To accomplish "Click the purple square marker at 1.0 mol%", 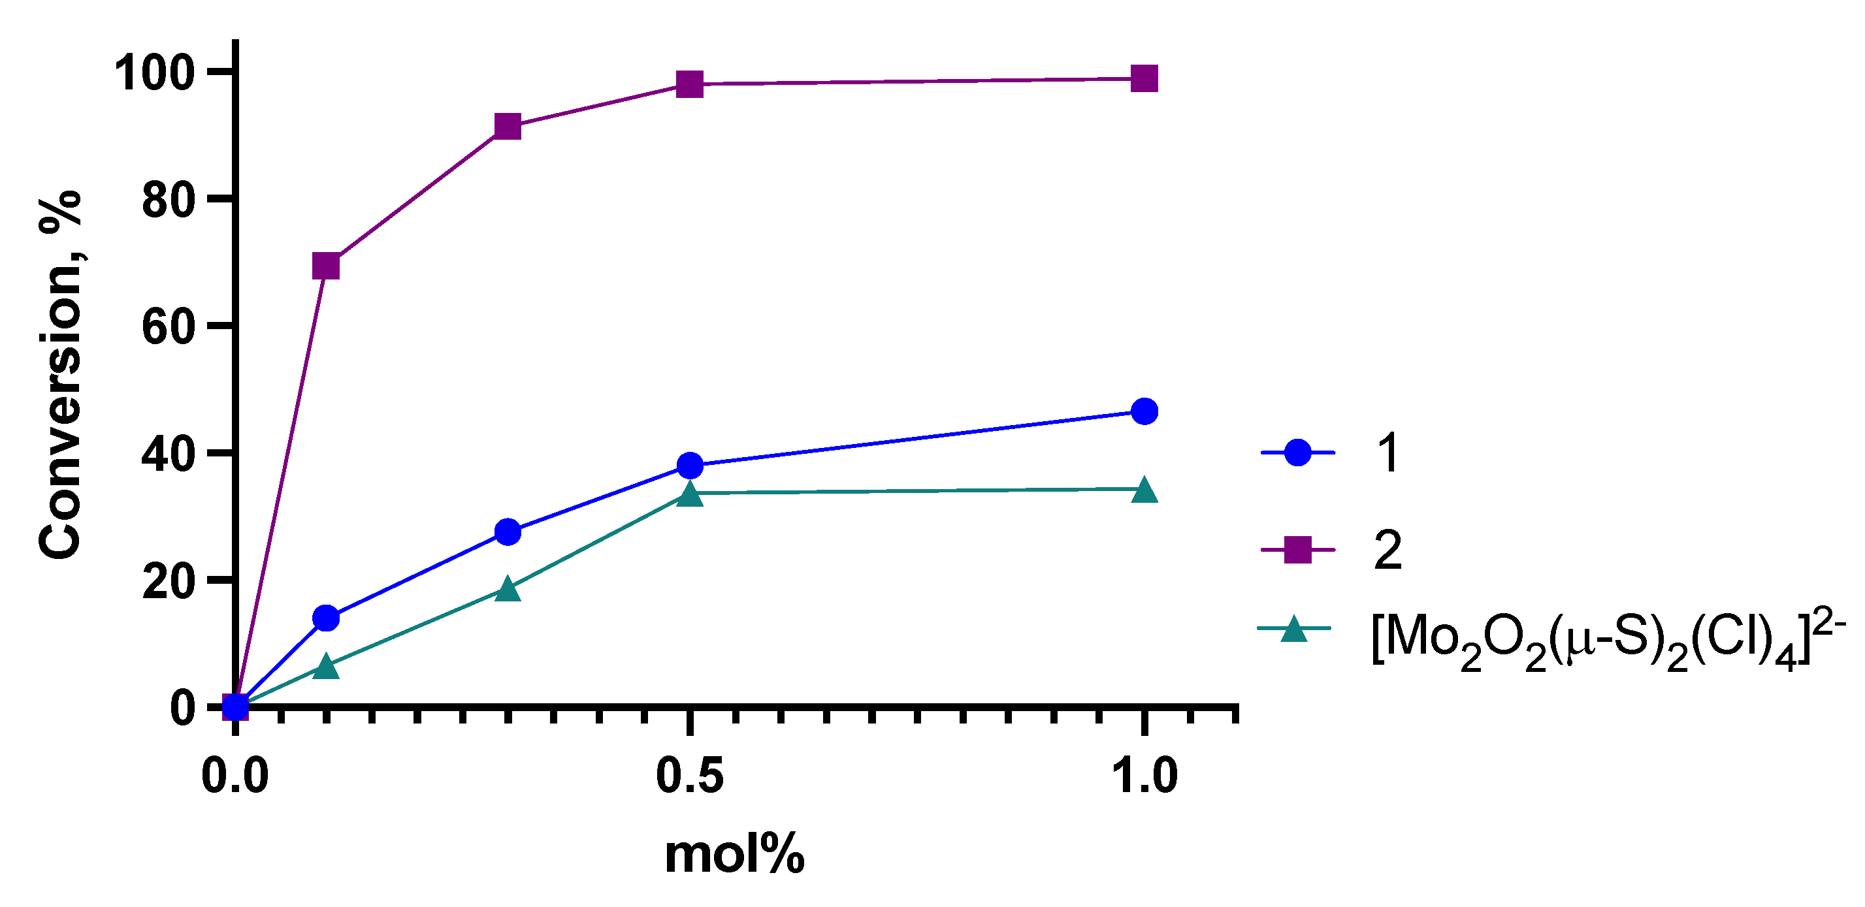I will [x=1144, y=78].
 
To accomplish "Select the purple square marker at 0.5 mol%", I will [x=690, y=84].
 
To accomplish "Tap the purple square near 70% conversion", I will [x=326, y=266].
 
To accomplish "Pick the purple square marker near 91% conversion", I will [x=508, y=127].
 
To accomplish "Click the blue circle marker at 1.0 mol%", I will [x=1144, y=411].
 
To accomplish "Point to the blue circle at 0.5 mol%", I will [x=690, y=466].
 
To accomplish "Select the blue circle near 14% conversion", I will [x=326, y=618].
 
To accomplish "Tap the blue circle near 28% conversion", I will [x=508, y=532].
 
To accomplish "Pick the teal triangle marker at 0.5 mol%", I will [x=690, y=494].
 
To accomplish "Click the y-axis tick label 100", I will [x=154, y=73].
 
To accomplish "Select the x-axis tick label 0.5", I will [x=689, y=776].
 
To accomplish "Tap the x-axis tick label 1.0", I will [x=1144, y=776].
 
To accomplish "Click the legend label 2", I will [x=1387, y=551].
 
